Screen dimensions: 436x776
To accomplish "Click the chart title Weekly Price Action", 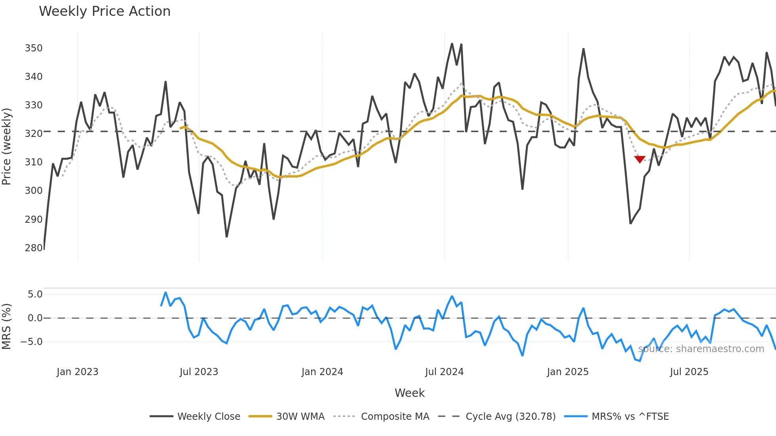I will (105, 11).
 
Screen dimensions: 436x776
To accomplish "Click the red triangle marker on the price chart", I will (640, 159).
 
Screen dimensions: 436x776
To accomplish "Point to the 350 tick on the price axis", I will (34, 48).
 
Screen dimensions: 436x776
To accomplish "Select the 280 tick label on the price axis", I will (34, 248).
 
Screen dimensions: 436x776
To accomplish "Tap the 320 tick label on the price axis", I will (34, 134).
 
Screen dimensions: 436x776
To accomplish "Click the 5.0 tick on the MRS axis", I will (35, 294).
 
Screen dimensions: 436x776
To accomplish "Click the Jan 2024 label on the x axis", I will (322, 372).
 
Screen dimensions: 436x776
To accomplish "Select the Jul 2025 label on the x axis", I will (689, 372).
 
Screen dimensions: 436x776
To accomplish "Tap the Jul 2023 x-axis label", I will (199, 372).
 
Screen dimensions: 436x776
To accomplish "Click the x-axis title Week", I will (409, 393).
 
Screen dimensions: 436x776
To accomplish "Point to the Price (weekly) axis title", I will (6, 146).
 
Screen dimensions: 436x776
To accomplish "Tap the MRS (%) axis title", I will (6, 326).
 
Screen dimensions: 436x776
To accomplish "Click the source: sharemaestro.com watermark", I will (701, 349).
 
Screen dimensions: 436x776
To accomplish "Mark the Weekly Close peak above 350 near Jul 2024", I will (452, 44).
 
